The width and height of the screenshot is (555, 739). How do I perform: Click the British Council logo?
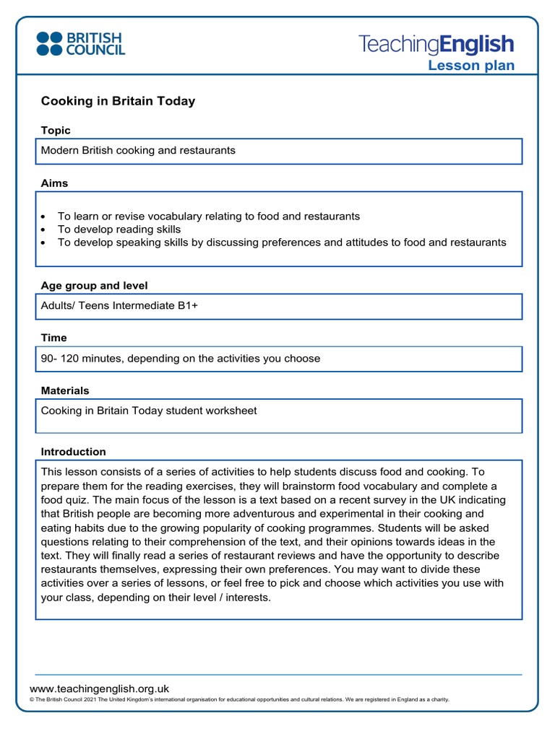[80, 44]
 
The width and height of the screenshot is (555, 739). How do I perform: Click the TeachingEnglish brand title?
[436, 45]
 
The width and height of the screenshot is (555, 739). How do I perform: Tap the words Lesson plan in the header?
[471, 66]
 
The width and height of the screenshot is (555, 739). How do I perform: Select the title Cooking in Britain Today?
[118, 101]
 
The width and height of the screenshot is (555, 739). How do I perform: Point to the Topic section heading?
[56, 131]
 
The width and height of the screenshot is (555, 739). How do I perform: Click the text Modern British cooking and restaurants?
[138, 151]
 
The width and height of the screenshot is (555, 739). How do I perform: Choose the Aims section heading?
[54, 183]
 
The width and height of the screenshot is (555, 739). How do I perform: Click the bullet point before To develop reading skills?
[45, 229]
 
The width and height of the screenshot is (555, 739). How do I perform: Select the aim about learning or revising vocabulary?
[208, 217]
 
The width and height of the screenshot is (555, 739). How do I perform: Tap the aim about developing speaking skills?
[282, 242]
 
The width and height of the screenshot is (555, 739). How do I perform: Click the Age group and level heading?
[94, 286]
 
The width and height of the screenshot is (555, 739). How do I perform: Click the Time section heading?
[53, 338]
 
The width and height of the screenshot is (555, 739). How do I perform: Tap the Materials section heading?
[65, 390]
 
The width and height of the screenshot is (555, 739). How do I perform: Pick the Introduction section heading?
[73, 452]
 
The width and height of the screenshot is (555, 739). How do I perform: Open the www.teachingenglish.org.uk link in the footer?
[99, 689]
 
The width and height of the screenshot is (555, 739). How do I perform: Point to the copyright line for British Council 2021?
[238, 700]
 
